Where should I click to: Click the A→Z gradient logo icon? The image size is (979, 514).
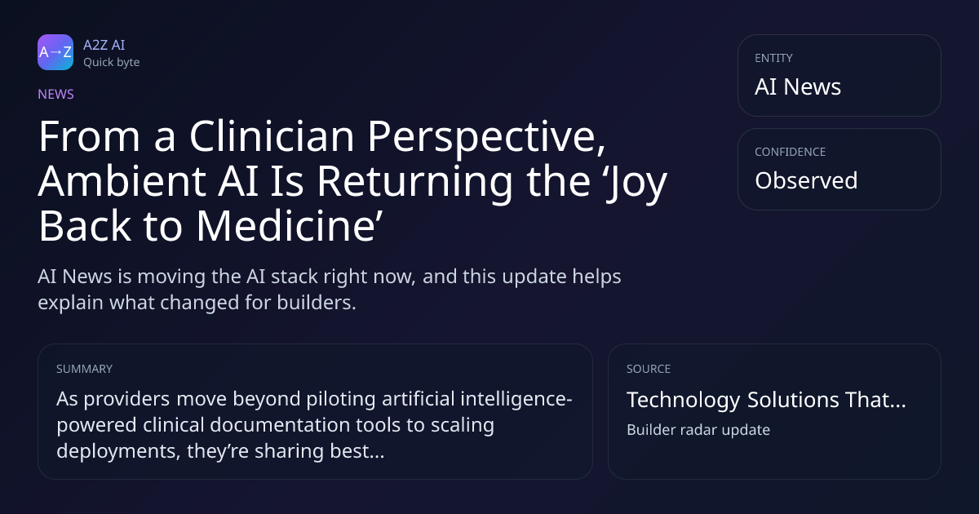55,52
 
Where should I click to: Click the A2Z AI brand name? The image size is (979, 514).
104,45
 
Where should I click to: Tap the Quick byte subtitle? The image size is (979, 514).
112,63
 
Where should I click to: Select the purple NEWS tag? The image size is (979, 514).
56,95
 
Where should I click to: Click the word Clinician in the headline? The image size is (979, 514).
272,136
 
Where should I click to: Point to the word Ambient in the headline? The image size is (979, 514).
122,181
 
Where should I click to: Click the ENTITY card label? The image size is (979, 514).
773,58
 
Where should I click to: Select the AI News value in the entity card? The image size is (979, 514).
798,86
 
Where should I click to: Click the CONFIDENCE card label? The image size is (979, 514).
791,152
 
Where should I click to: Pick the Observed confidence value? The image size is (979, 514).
806,180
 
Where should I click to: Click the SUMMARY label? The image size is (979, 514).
84,369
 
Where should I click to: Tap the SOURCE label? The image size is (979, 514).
649,369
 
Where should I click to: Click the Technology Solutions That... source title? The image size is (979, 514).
766,400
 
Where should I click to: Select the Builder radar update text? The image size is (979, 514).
698,430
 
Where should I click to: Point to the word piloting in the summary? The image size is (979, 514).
341,400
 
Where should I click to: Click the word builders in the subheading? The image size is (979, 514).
317,303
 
